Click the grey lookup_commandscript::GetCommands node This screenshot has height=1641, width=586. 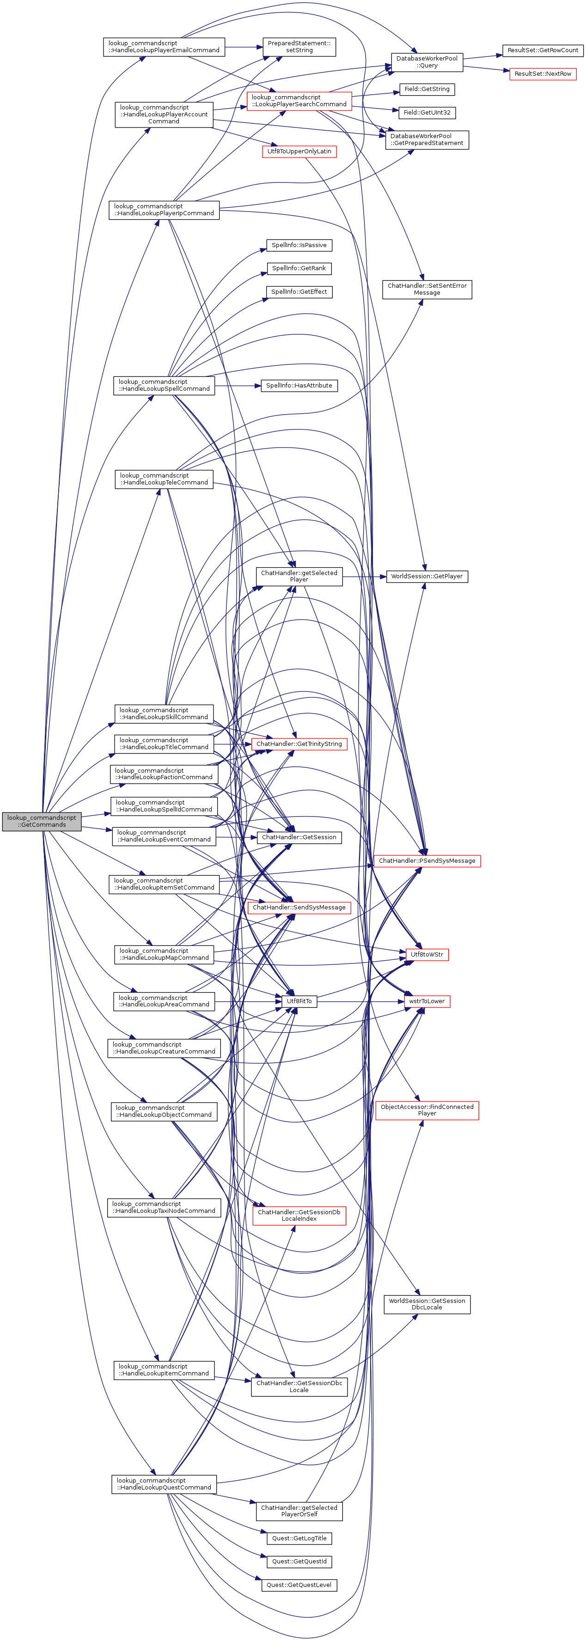pyautogui.click(x=42, y=821)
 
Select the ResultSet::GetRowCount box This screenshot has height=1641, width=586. pyautogui.click(x=543, y=50)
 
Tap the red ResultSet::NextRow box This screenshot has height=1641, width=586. pyautogui.click(x=543, y=74)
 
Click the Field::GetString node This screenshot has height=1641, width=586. pyautogui.click(x=427, y=89)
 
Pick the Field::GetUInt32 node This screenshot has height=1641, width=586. pyautogui.click(x=427, y=113)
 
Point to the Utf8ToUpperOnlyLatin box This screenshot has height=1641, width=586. pyautogui.click(x=299, y=151)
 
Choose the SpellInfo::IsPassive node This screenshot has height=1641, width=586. pyautogui.click(x=299, y=245)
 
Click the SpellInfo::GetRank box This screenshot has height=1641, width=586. pyautogui.click(x=299, y=268)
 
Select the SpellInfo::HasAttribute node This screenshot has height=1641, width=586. pyautogui.click(x=299, y=385)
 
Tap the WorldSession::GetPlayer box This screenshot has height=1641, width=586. pyautogui.click(x=427, y=576)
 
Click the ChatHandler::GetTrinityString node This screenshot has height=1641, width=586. pyautogui.click(x=299, y=744)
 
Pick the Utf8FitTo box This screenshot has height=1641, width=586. pyautogui.click(x=299, y=1001)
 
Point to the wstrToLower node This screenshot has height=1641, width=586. pyautogui.click(x=427, y=1001)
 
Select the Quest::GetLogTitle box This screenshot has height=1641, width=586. pyautogui.click(x=299, y=1538)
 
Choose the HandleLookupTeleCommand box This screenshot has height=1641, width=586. pyautogui.click(x=164, y=479)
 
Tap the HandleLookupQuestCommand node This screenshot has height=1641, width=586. pyautogui.click(x=164, y=1484)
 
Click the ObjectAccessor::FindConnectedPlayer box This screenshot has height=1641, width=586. pyautogui.click(x=427, y=1110)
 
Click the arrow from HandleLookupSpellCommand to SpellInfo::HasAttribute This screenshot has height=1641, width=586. pyautogui.click(x=237, y=385)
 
